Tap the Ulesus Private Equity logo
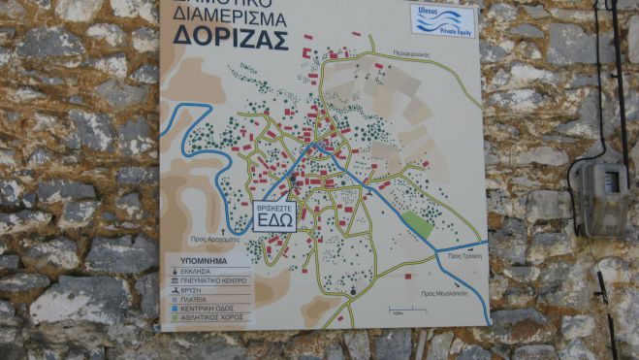[442, 19]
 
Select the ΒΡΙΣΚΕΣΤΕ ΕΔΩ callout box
[274, 214]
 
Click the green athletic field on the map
[419, 224]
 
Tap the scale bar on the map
[396, 311]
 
